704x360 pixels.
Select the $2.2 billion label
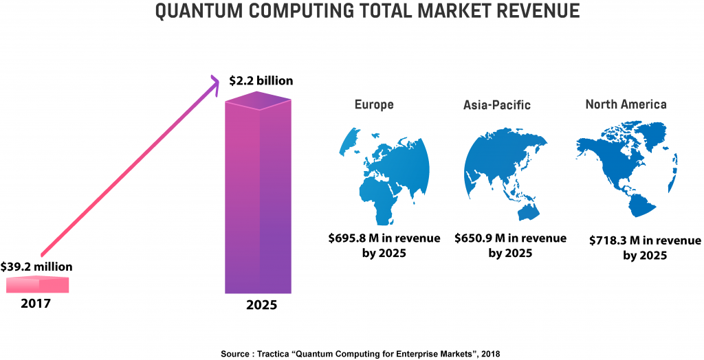(261, 81)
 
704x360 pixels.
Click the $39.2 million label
(36, 266)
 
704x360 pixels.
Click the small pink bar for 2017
(37, 284)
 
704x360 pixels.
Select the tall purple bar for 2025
(258, 199)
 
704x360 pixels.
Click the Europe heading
(374, 104)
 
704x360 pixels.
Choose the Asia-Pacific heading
(497, 105)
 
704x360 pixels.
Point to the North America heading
(626, 104)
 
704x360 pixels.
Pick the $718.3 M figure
(610, 241)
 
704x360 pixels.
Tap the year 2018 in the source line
(489, 354)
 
